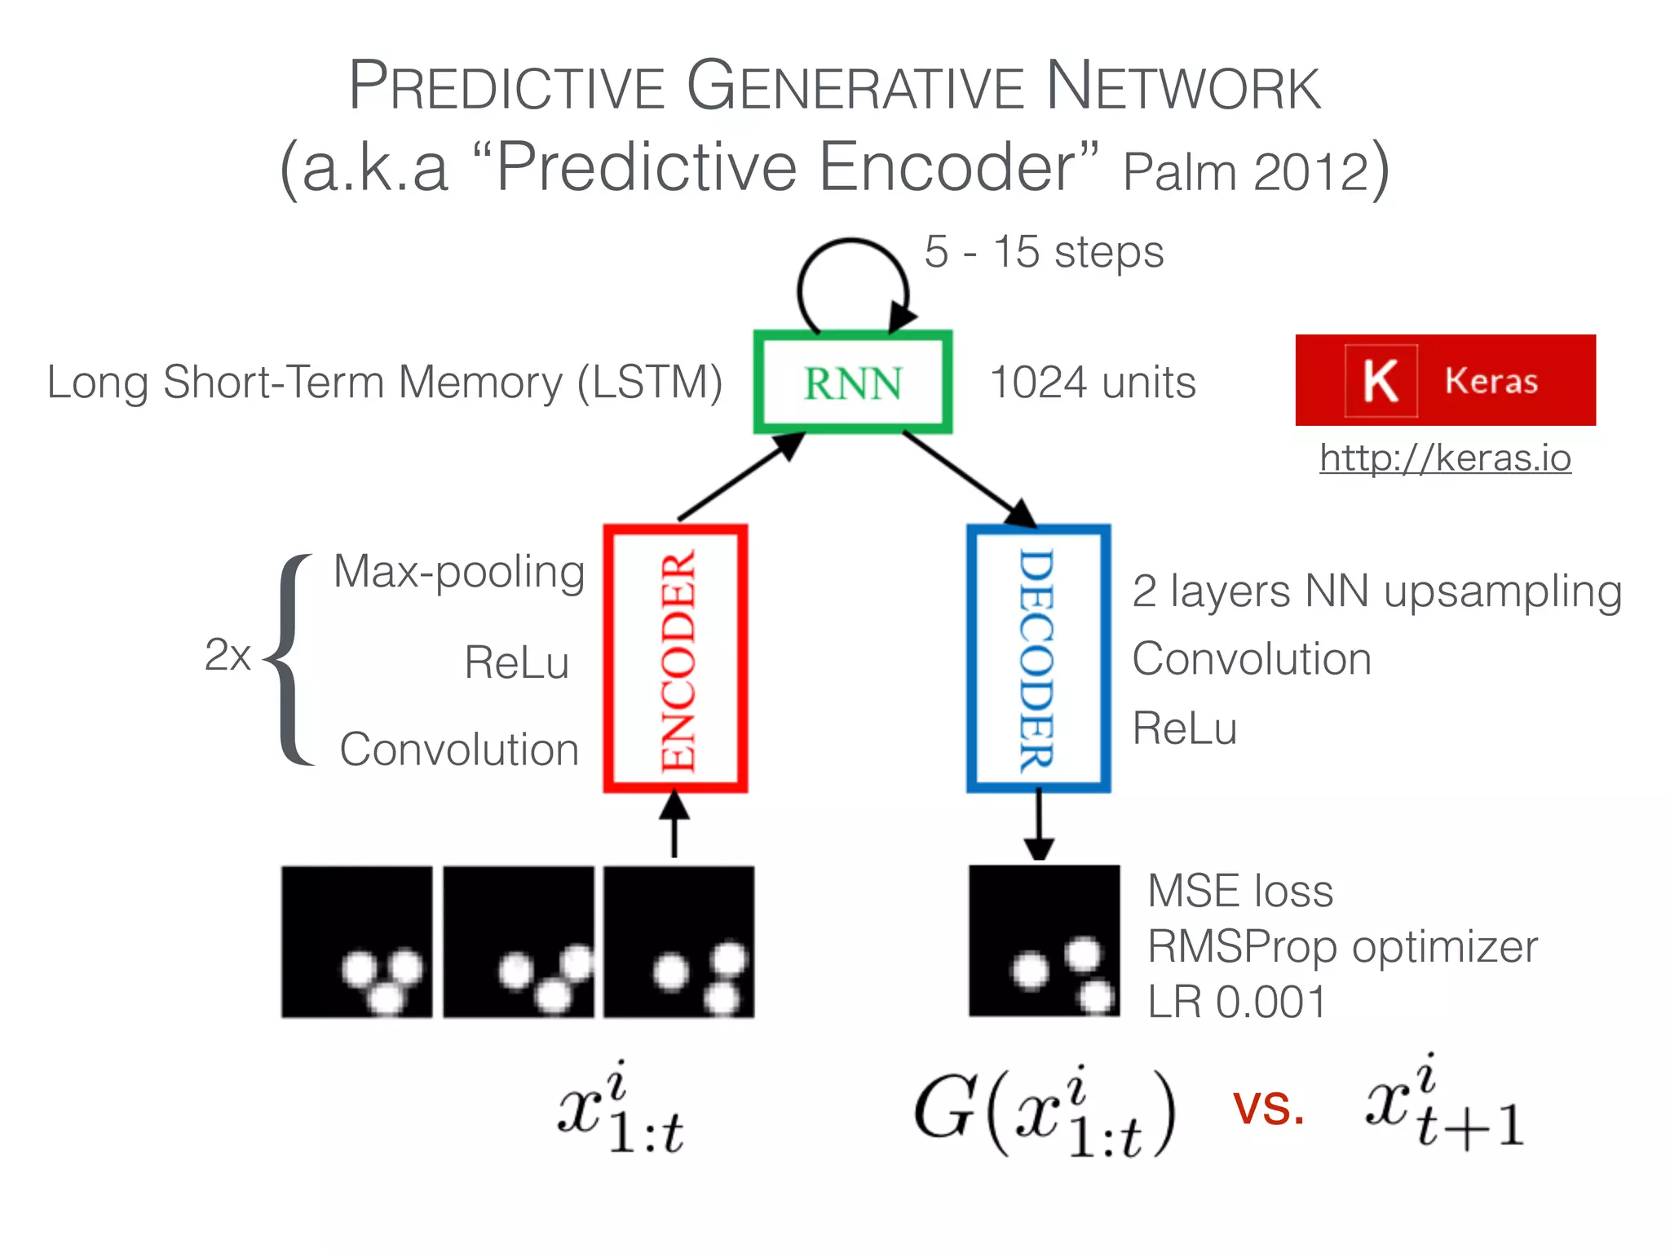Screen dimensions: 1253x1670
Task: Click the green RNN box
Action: click(x=852, y=382)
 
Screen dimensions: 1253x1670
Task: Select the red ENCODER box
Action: click(x=675, y=658)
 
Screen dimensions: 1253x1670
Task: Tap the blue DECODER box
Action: click(x=1038, y=658)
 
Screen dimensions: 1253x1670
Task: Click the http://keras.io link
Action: click(x=1445, y=458)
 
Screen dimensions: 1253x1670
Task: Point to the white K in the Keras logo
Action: click(x=1380, y=381)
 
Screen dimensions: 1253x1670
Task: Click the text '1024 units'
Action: click(x=1092, y=383)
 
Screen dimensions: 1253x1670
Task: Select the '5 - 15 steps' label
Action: click(x=1044, y=252)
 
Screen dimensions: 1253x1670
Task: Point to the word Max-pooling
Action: click(x=459, y=572)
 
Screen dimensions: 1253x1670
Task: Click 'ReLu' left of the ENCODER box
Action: click(x=516, y=662)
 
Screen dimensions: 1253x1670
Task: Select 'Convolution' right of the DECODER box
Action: click(x=1251, y=659)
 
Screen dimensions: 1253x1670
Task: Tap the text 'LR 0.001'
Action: click(x=1236, y=1002)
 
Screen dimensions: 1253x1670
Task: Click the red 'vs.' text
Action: click(x=1268, y=1109)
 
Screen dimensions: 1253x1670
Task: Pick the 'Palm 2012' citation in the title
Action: click(x=1246, y=172)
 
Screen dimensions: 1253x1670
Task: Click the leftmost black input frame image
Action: click(x=356, y=941)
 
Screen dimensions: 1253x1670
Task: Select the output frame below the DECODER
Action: click(x=1044, y=941)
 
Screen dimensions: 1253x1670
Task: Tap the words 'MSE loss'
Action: click(x=1239, y=891)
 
